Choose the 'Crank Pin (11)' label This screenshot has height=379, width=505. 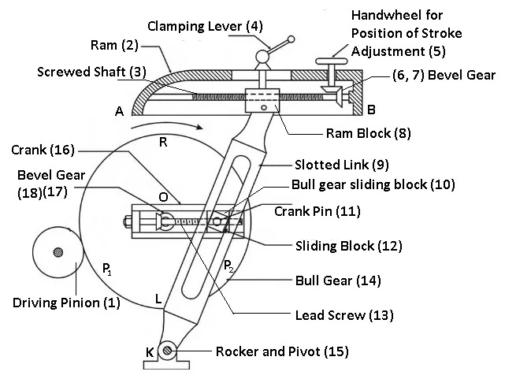point(310,211)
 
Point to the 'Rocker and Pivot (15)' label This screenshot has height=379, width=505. point(279,351)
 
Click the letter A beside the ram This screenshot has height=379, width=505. point(119,112)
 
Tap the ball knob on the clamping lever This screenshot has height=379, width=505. point(291,38)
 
